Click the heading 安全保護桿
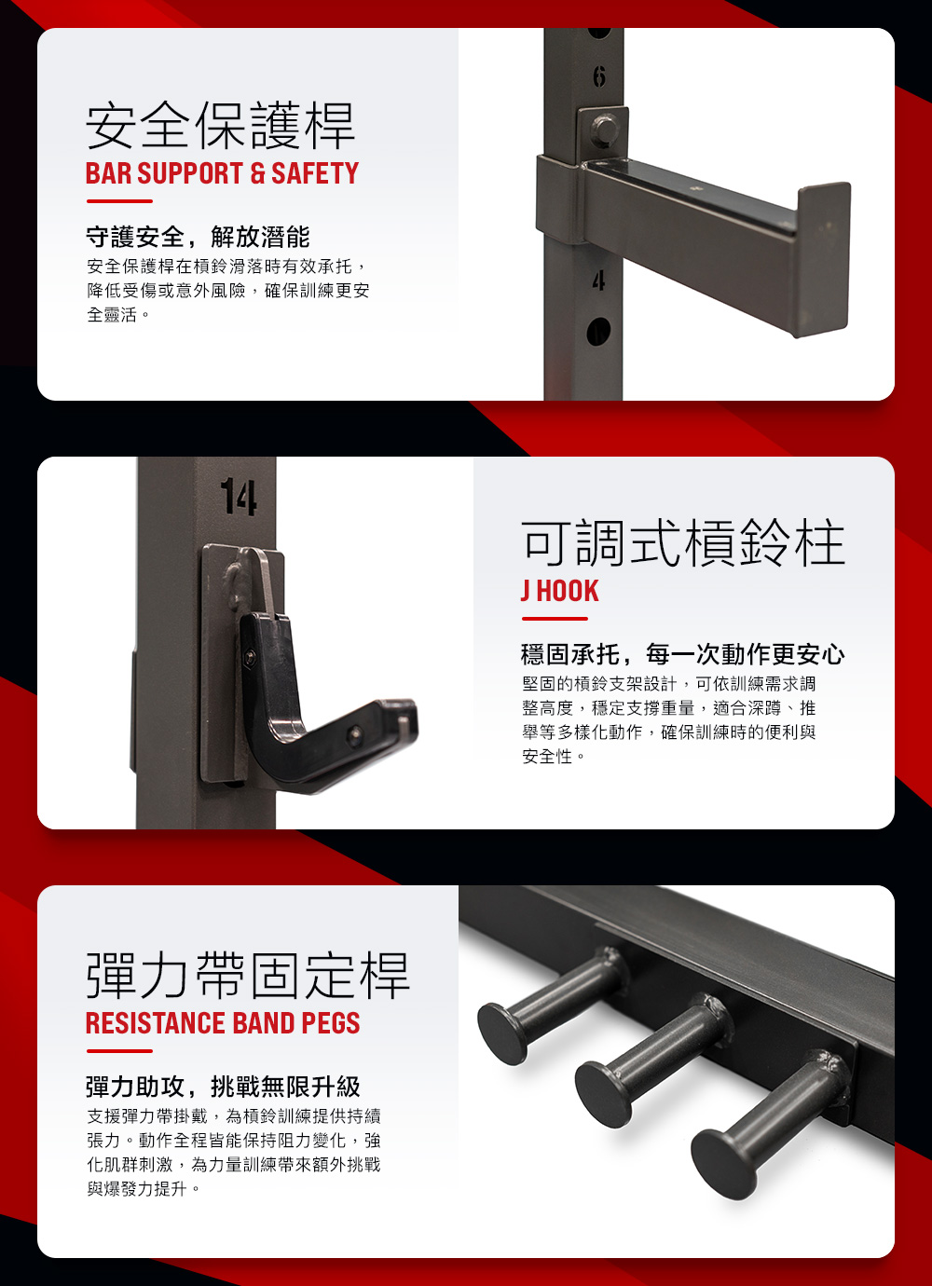tap(220, 126)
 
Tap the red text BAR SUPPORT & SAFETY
tap(222, 173)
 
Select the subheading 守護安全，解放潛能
tap(198, 237)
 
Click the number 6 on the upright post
tap(599, 75)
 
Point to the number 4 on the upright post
tap(599, 280)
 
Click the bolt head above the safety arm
tap(604, 130)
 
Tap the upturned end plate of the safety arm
tap(822, 260)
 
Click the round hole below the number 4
tap(598, 331)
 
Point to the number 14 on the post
tap(239, 497)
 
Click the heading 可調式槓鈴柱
tap(683, 542)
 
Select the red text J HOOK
tap(559, 592)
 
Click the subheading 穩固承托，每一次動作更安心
tap(683, 654)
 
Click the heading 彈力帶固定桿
tap(248, 976)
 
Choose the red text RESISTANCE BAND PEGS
tap(223, 1023)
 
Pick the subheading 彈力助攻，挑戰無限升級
tap(223, 1087)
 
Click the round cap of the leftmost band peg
tap(502, 1034)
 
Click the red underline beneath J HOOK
tap(555, 619)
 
